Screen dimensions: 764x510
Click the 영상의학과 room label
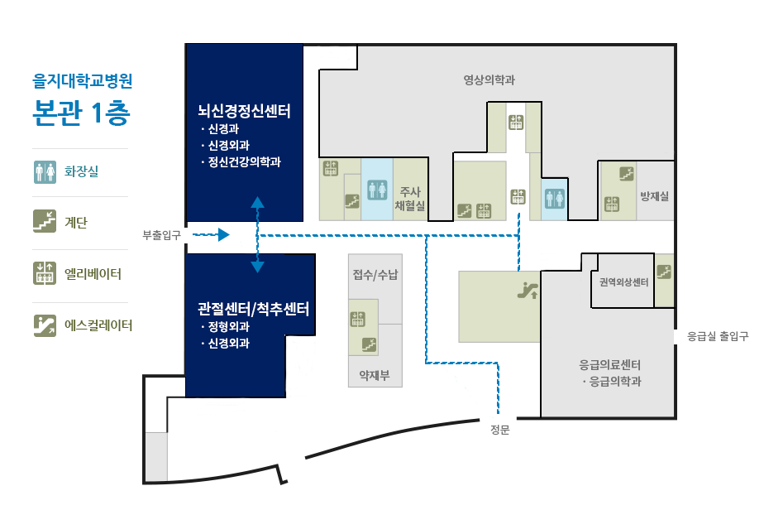tap(489, 80)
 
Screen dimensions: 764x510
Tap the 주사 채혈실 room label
tap(410, 199)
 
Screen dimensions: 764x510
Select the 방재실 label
tap(654, 196)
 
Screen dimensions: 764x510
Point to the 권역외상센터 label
tap(623, 282)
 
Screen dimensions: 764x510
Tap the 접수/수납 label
tap(375, 274)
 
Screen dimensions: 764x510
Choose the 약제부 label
tap(375, 375)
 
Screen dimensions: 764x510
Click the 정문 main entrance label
tap(500, 430)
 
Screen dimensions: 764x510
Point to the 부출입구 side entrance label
tap(161, 235)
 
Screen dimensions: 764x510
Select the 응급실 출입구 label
tap(718, 336)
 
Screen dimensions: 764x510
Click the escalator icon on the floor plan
tap(528, 290)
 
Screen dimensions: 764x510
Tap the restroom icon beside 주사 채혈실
tap(377, 190)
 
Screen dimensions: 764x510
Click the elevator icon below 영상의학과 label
tap(516, 122)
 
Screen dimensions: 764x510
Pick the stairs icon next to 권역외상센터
tap(664, 272)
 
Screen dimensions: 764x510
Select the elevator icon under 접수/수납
tap(358, 320)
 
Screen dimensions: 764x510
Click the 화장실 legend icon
tap(45, 172)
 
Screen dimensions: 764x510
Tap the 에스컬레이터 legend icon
tap(45, 325)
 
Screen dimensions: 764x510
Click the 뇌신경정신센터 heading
tap(244, 111)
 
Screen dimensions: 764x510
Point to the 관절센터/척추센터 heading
tap(253, 309)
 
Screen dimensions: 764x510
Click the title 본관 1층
tap(81, 113)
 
